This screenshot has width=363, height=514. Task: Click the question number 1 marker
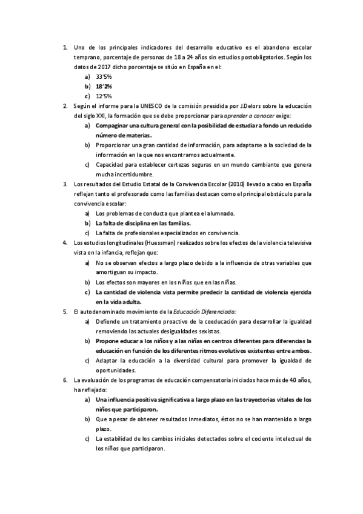click(64, 48)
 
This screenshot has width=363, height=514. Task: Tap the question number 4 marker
click(64, 242)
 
